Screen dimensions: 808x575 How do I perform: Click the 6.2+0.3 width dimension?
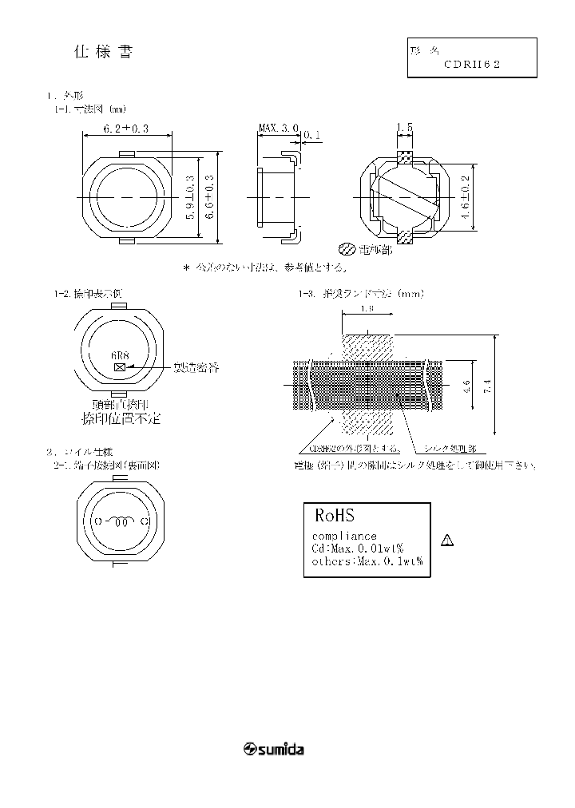pyautogui.click(x=126, y=129)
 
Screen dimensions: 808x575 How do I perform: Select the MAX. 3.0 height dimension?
pyautogui.click(x=278, y=128)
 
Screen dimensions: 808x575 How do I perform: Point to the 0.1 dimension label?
pyautogui.click(x=313, y=136)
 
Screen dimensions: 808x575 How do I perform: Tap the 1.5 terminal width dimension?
pyautogui.click(x=405, y=128)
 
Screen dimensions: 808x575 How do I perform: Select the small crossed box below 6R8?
pyautogui.click(x=120, y=366)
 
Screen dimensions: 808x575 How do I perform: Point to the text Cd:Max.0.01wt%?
pyautogui.click(x=357, y=549)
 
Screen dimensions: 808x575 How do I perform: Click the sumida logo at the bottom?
pyautogui.click(x=273, y=750)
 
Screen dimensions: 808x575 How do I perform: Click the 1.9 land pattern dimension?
pyautogui.click(x=367, y=307)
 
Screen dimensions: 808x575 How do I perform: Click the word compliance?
pyautogui.click(x=344, y=536)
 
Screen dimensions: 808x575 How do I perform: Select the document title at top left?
pyautogui.click(x=103, y=53)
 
